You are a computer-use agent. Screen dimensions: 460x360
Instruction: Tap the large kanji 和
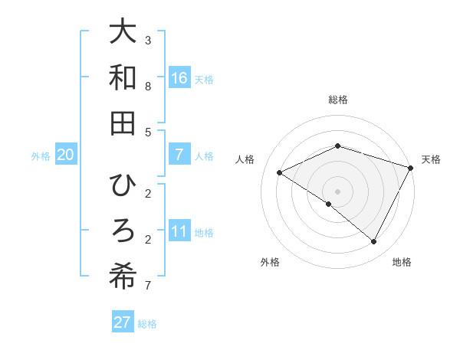coord(123,78)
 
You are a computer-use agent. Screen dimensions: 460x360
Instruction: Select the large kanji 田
coord(123,123)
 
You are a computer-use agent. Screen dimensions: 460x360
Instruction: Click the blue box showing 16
coord(179,78)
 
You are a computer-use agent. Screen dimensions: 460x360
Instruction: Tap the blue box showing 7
coord(179,155)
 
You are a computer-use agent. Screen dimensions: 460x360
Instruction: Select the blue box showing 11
coord(179,231)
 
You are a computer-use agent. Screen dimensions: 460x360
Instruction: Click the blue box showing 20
coord(65,155)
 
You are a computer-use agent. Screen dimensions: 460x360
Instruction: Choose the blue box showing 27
coord(123,322)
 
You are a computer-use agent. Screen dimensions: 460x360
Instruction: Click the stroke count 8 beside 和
coord(148,87)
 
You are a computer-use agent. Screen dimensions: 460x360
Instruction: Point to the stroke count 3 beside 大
coord(148,40)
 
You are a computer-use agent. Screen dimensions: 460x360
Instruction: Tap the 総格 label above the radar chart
coord(338,100)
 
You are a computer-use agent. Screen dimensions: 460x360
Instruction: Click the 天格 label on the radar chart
coord(431,159)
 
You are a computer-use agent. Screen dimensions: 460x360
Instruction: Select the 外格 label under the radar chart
coord(270,262)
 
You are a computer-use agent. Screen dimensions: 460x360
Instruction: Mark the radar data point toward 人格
coord(280,173)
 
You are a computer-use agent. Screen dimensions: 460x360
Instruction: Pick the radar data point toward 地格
coord(374,242)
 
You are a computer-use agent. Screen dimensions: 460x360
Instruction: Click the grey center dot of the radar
coord(338,191)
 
